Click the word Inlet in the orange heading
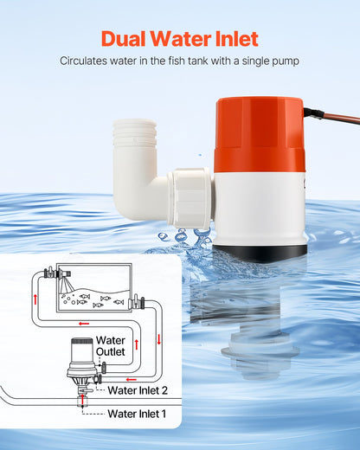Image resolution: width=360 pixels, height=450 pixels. (235, 39)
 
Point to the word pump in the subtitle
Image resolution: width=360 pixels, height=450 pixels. (284, 61)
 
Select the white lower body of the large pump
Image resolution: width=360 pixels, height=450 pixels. (260, 208)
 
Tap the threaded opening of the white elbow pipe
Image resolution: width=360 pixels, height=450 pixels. (134, 138)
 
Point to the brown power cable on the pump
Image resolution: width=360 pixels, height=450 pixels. (329, 115)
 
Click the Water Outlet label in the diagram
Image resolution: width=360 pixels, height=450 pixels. (111, 345)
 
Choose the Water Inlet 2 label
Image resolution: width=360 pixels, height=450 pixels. (138, 390)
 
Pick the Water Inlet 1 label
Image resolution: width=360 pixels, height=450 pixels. (138, 414)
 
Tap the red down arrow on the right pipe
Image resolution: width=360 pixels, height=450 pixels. (159, 338)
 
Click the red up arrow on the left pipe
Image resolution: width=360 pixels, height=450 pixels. (36, 299)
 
